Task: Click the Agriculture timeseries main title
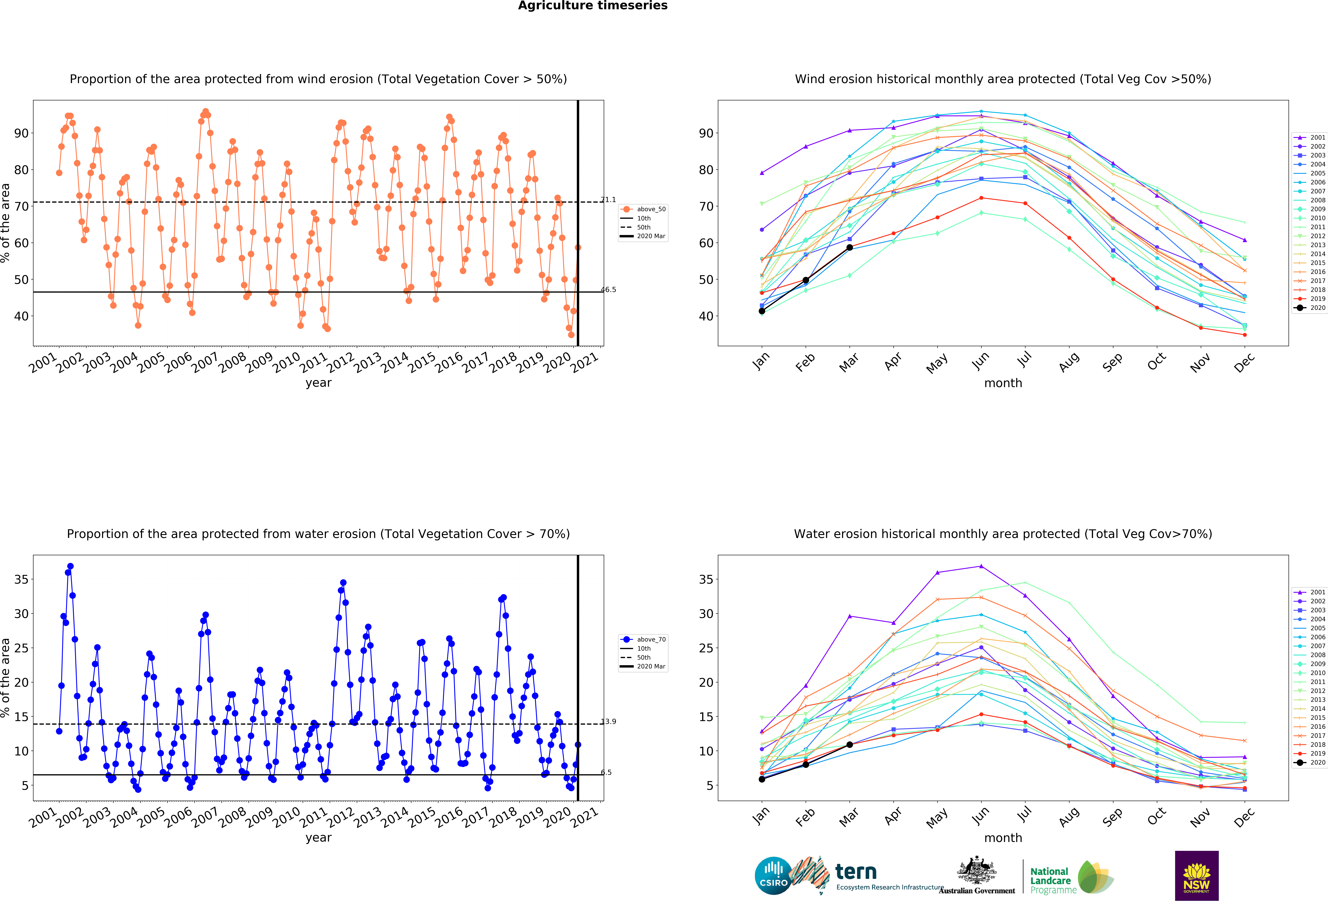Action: point(593,6)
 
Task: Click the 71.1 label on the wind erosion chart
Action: point(608,200)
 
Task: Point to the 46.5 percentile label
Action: point(608,289)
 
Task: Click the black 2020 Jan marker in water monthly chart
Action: point(762,779)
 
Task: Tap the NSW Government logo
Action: point(1197,875)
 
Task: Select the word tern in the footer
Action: point(855,872)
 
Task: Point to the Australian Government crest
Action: point(977,870)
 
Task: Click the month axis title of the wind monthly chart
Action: point(1003,383)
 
